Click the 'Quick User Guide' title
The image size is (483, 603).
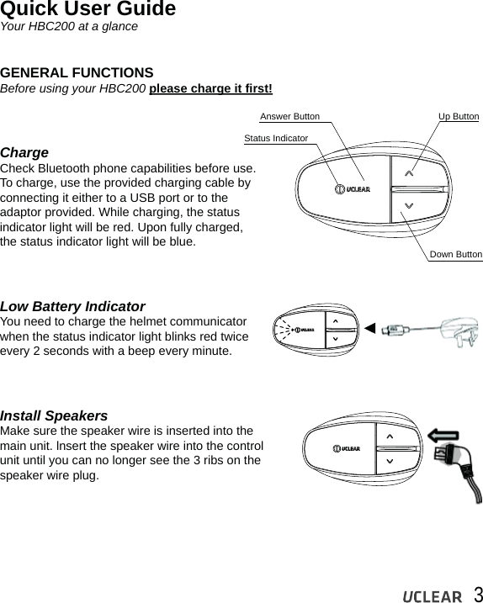coord(88,10)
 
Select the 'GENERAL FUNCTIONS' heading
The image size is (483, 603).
coord(77,72)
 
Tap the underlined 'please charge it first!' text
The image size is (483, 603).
coord(210,88)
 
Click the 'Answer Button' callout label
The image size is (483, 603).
coord(289,116)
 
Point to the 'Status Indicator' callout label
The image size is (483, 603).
coord(276,137)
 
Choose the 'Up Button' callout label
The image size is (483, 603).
coord(459,116)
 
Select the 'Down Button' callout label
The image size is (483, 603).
coord(455,254)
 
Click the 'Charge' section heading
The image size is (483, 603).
coord(24,153)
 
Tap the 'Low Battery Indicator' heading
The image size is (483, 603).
coord(72,306)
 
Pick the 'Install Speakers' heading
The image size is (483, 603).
coord(54,415)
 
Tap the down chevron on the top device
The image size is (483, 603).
coord(409,205)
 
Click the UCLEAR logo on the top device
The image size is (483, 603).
coord(353,189)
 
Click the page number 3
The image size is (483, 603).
coord(477,594)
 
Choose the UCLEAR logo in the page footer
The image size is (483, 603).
coord(432,596)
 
